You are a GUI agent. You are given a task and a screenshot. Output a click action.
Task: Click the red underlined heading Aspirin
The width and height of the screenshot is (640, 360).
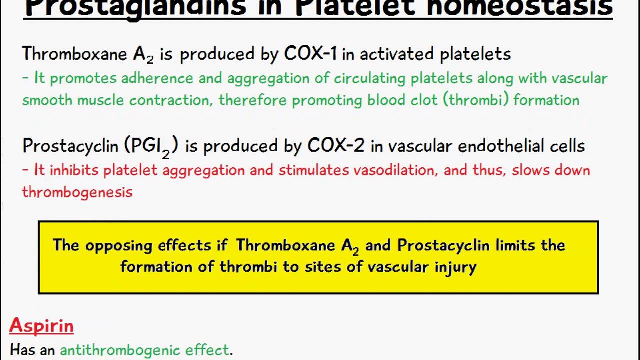41,326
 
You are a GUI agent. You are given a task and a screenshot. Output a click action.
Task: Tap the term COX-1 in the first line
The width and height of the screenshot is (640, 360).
310,54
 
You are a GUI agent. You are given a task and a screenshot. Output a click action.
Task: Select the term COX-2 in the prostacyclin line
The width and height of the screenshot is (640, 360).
337,145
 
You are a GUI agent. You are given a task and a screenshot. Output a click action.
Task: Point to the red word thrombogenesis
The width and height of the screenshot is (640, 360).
77,192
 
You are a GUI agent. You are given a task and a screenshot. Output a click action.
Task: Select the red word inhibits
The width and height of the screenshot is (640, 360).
74,170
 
